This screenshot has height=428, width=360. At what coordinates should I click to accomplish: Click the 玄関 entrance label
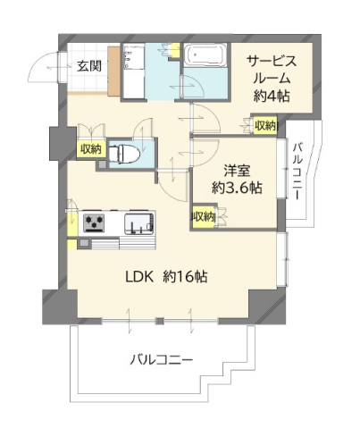[88, 65]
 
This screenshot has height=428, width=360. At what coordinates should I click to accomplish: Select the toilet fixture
[126, 153]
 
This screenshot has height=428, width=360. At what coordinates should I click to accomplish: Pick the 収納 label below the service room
[264, 126]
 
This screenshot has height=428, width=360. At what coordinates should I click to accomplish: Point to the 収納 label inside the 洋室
[203, 217]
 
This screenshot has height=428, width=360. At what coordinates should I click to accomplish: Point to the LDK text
[139, 277]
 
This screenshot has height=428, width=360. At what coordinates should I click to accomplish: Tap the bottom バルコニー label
[162, 360]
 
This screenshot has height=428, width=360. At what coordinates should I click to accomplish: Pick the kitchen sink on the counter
[139, 222]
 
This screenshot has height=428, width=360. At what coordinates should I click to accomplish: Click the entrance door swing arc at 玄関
[42, 70]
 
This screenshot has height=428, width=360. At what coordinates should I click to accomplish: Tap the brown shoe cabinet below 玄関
[86, 87]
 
